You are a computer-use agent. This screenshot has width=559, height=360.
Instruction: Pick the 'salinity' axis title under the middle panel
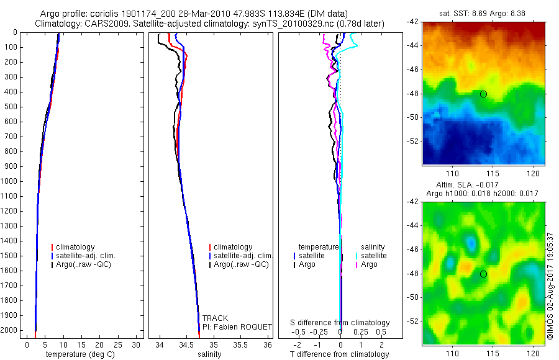click(211, 354)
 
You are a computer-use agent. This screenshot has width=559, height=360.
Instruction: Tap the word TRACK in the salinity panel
click(215, 318)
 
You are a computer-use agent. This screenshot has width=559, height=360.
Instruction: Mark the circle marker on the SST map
click(483, 94)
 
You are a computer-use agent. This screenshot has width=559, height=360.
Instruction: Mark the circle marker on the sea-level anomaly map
click(483, 274)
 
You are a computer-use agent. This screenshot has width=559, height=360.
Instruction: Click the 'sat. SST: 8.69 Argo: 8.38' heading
click(483, 14)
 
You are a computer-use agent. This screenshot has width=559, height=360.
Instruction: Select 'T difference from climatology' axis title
click(339, 354)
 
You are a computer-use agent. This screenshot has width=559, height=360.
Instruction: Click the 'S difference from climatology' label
click(340, 323)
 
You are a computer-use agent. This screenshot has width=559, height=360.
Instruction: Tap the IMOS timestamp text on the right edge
click(550, 286)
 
